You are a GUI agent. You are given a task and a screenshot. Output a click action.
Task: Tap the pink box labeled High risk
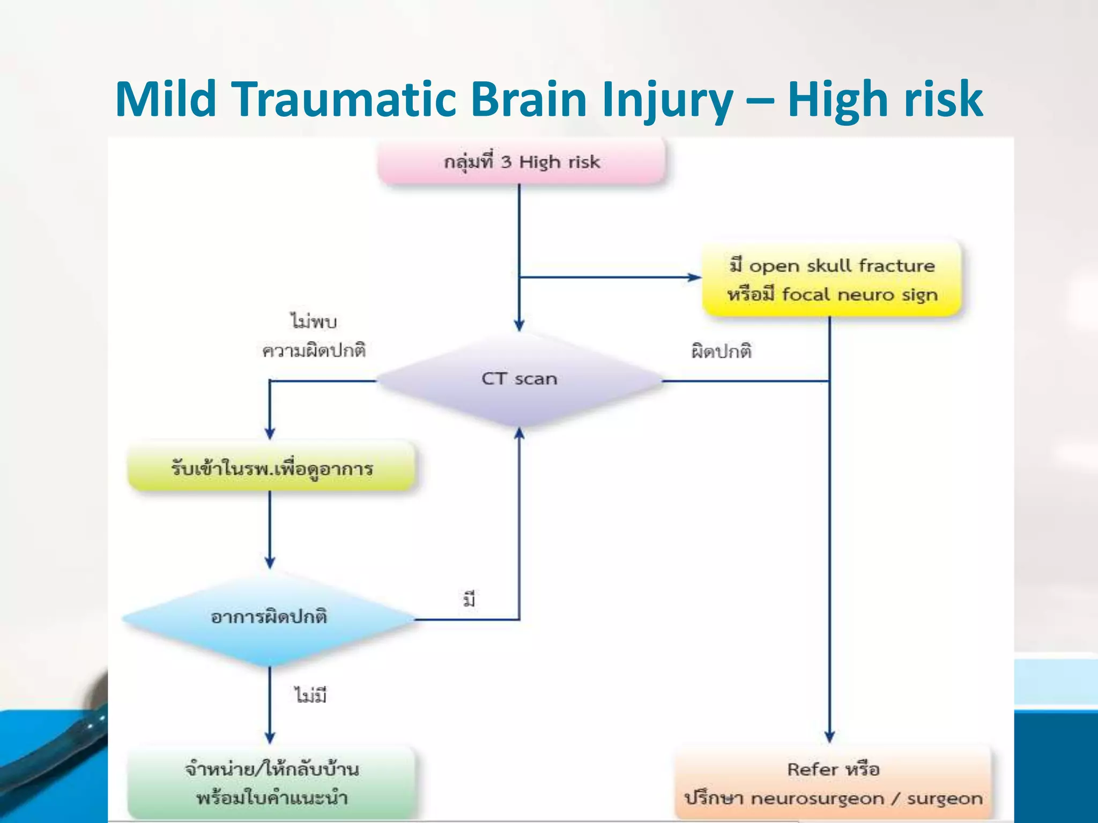tap(522, 161)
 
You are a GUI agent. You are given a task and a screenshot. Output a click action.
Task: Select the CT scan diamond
tap(519, 379)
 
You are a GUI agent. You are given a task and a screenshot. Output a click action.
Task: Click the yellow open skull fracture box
tap(832, 279)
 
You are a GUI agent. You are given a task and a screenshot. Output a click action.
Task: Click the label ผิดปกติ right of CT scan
tap(721, 351)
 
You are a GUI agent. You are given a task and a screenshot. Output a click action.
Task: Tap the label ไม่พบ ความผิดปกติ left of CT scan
tap(314, 336)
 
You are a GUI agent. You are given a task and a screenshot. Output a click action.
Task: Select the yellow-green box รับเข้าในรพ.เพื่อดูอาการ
tap(271, 468)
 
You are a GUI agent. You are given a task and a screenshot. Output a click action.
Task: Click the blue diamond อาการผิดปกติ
tap(269, 617)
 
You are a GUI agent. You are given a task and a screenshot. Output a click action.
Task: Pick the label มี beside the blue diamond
tap(469, 600)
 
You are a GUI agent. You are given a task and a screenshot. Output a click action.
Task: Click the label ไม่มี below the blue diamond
tap(310, 695)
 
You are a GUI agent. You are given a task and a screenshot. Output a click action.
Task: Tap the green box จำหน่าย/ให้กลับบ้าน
tap(271, 783)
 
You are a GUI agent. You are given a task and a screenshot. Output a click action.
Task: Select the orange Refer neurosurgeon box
tap(833, 783)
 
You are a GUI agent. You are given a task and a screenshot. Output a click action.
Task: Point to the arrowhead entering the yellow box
tap(695, 277)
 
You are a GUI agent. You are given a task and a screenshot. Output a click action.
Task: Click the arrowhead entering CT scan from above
tap(519, 325)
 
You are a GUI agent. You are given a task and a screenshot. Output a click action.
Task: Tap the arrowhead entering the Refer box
tap(829, 737)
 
